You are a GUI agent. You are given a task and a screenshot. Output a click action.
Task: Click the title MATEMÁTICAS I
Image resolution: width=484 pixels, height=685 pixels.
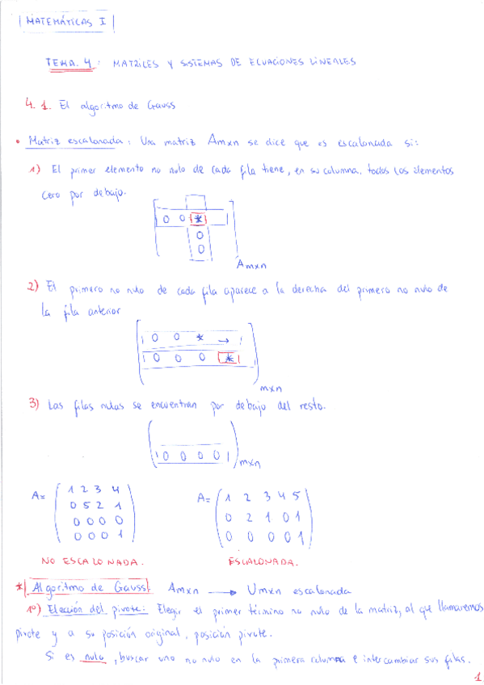(66, 23)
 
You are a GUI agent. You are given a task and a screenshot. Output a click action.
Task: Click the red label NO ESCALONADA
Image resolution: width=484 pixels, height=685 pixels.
(92, 559)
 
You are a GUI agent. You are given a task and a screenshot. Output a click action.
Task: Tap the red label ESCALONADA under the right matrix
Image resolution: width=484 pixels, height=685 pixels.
(263, 561)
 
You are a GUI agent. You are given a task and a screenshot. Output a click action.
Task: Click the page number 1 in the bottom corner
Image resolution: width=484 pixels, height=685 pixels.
(477, 677)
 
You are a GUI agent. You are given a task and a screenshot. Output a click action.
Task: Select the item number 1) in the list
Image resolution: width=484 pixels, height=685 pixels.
(35, 170)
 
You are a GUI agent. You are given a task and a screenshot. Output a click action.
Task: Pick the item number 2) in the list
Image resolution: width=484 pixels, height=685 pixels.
(33, 287)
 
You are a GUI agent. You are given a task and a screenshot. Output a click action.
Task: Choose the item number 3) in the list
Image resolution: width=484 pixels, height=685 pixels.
(34, 406)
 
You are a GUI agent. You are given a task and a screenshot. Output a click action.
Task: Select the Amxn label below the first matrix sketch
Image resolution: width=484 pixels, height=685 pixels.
(251, 264)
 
